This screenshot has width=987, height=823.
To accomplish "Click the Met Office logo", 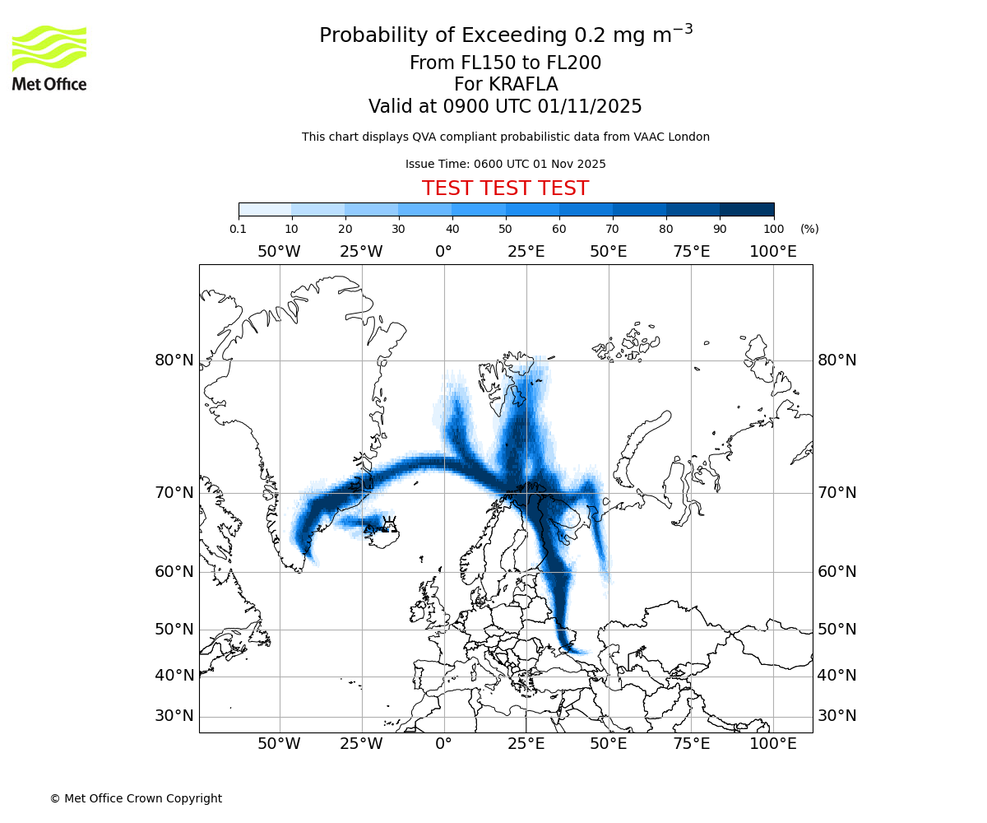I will [x=49, y=58].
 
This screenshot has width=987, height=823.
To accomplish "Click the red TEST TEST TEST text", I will [x=505, y=188].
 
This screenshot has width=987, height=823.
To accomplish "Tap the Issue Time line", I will [x=505, y=164].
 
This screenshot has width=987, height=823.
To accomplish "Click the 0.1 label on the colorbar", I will [x=239, y=229].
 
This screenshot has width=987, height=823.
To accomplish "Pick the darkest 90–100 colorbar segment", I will [x=747, y=209].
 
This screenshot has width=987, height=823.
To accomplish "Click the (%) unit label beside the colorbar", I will [x=809, y=229].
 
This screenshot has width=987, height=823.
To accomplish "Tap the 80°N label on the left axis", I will [x=174, y=360].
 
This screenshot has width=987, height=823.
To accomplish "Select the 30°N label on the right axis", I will [x=836, y=716].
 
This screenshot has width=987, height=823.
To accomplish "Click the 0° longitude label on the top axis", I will [x=444, y=252].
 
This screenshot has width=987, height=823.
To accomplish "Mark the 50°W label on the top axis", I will [x=279, y=252].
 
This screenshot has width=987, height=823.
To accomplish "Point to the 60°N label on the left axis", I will [x=174, y=572].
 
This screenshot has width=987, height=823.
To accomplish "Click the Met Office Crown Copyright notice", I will [x=136, y=798].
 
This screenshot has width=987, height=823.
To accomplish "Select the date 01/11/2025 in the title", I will [x=590, y=107].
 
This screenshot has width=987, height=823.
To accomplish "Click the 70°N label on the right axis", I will [x=836, y=493].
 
